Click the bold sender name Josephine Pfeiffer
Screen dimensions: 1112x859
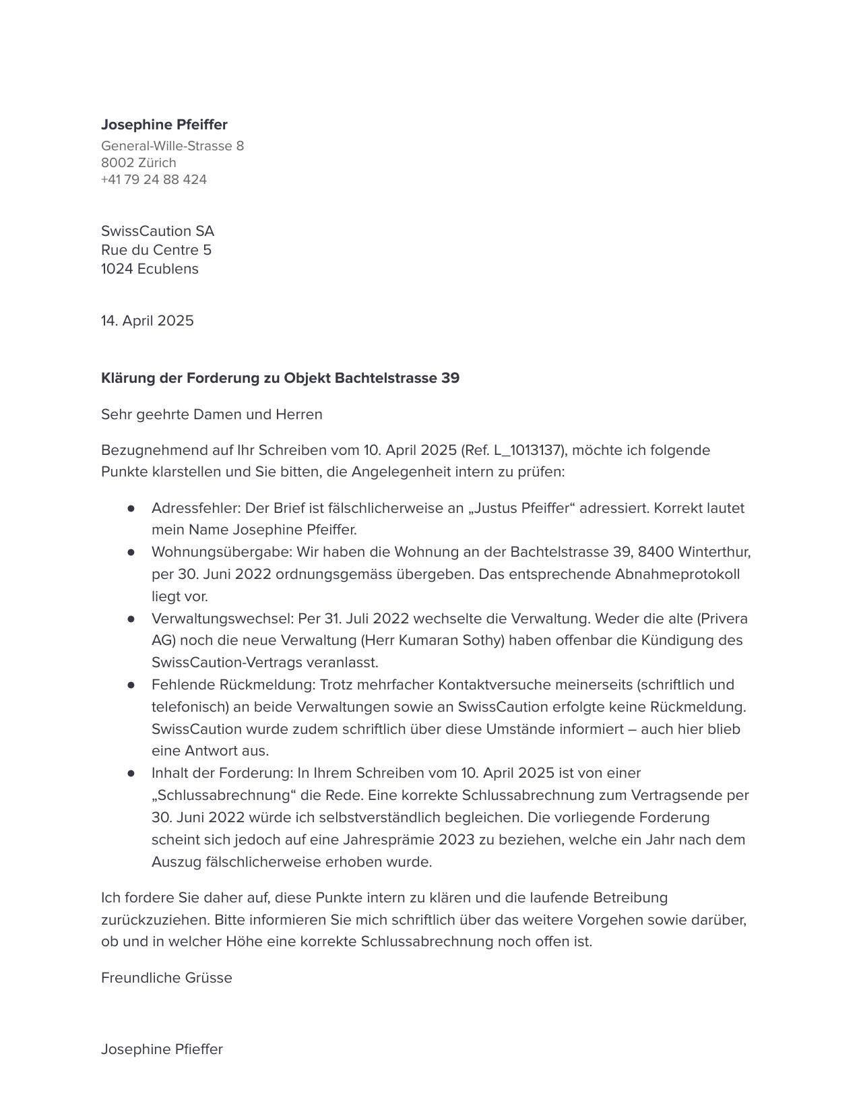[164, 125]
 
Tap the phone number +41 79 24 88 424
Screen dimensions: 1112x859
[154, 180]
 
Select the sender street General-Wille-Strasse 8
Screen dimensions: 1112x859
[172, 146]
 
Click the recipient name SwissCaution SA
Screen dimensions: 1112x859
[158, 231]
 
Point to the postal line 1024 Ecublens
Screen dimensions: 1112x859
[150, 269]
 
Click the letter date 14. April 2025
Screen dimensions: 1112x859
[147, 321]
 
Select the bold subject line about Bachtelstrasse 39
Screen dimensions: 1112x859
[280, 378]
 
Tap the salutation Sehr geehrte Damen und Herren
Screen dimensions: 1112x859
[212, 414]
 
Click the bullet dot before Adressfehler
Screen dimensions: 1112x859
[131, 508]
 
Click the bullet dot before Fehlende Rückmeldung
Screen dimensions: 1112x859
[131, 685]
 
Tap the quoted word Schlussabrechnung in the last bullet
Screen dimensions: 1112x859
[224, 795]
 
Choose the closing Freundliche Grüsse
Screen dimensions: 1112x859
[166, 978]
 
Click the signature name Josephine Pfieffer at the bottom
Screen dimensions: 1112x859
[162, 1049]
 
